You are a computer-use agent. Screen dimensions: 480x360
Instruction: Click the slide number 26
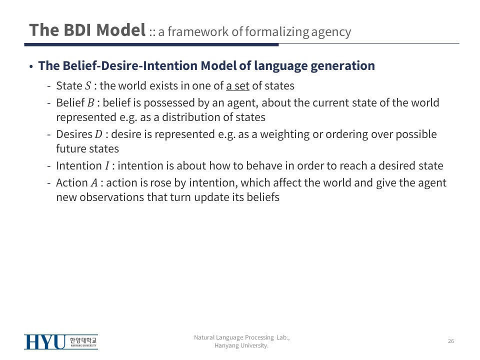click(451, 341)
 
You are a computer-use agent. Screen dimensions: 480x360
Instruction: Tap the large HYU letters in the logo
click(45, 342)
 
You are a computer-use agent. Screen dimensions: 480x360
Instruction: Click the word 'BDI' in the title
click(77, 30)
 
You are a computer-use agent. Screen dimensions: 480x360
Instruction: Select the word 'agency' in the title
click(331, 32)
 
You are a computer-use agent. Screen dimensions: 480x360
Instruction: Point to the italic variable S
click(88, 86)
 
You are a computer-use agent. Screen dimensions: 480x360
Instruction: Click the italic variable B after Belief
click(91, 103)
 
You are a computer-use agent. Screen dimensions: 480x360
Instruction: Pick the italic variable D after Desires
click(98, 134)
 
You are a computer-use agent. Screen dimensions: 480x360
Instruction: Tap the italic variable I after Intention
click(107, 166)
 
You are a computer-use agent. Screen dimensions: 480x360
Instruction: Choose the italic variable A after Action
click(94, 183)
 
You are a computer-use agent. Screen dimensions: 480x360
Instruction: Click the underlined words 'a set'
click(238, 86)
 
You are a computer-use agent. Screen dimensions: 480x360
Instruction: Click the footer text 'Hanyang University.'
click(241, 345)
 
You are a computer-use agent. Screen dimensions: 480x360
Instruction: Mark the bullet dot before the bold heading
click(31, 66)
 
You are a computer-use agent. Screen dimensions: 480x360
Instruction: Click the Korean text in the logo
click(83, 340)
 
